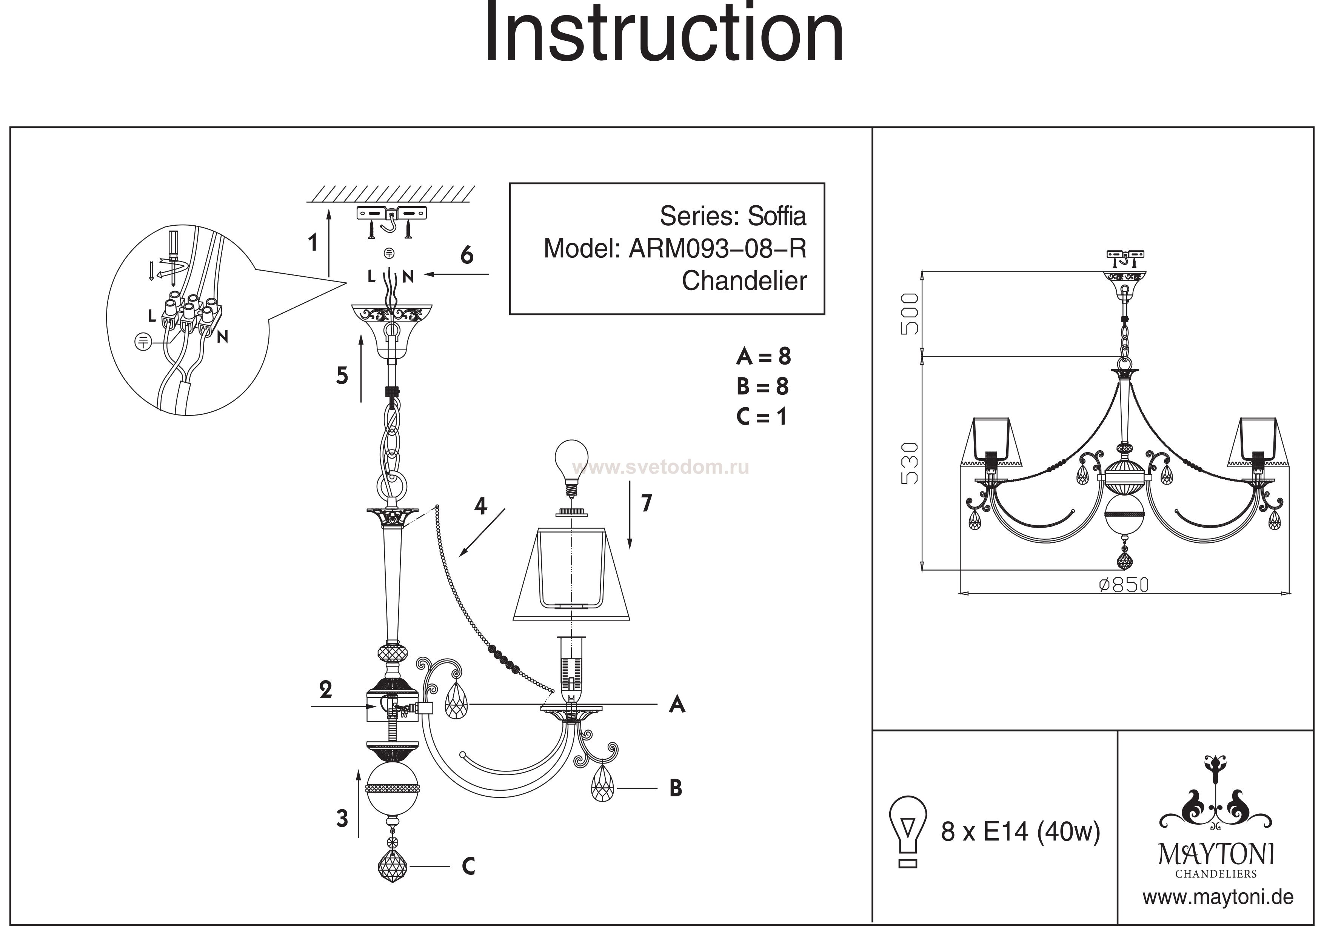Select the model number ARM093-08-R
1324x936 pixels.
pyautogui.click(x=717, y=249)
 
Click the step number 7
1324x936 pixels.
pyautogui.click(x=647, y=503)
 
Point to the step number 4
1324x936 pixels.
pyautogui.click(x=480, y=506)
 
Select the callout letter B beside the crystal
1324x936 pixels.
pyautogui.click(x=676, y=788)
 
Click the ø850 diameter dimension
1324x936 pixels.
pyautogui.click(x=1124, y=585)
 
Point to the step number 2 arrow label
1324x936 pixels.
pyautogui.click(x=326, y=690)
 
